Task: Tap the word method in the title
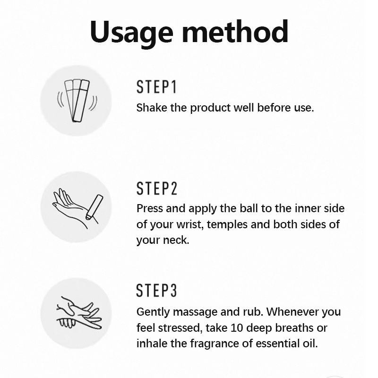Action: (235, 32)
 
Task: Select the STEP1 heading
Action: (156, 87)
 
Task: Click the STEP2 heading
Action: (157, 188)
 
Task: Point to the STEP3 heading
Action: (156, 290)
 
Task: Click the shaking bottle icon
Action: (77, 101)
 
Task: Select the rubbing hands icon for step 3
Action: (79, 313)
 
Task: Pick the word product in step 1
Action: (210, 108)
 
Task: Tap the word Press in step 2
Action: (150, 208)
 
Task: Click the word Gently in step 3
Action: (153, 312)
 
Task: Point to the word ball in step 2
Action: (249, 208)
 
